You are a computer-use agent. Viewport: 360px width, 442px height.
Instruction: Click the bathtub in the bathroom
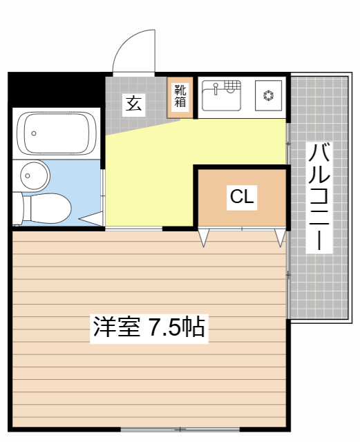click(x=55, y=133)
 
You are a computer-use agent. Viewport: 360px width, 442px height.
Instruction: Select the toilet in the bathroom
click(x=46, y=206)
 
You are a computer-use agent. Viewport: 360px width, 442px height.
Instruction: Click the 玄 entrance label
click(x=133, y=104)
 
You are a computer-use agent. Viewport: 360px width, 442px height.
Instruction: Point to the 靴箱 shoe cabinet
click(x=180, y=95)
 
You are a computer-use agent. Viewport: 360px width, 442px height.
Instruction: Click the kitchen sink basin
click(x=220, y=98)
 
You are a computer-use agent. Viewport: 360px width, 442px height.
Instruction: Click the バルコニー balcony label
click(x=319, y=197)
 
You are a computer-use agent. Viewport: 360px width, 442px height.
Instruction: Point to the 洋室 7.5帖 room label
click(x=149, y=327)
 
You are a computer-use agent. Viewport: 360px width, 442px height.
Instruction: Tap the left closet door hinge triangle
click(x=204, y=237)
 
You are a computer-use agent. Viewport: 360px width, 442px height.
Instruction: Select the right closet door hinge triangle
click(x=280, y=237)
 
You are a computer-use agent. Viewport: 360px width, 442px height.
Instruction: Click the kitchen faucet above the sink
click(x=216, y=88)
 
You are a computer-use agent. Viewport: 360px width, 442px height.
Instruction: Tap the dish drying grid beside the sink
click(x=234, y=86)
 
